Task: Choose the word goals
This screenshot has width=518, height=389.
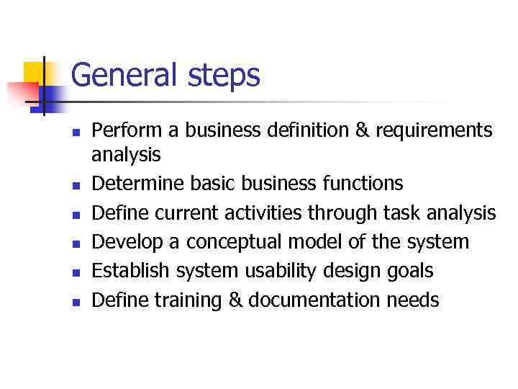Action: pyautogui.click(x=407, y=272)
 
